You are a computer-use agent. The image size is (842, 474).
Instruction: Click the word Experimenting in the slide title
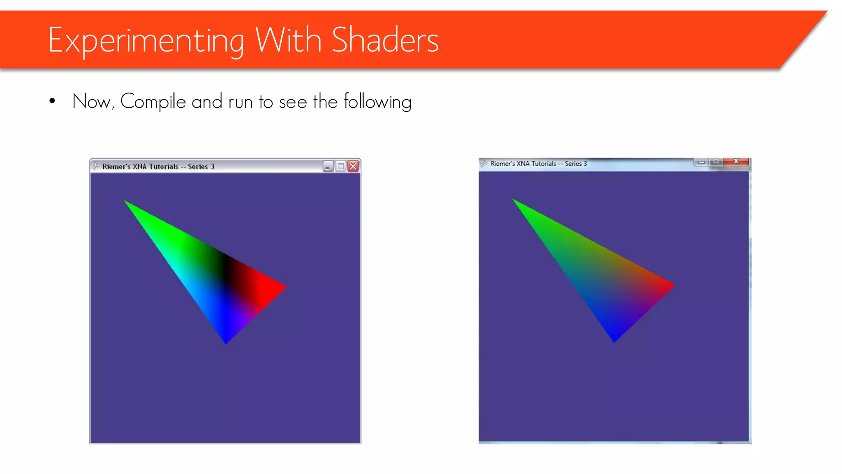[x=146, y=40]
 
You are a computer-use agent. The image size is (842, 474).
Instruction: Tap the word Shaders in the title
[x=385, y=40]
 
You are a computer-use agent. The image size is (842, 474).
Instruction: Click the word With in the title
[x=288, y=40]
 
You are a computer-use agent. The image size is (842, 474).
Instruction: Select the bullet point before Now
[x=52, y=101]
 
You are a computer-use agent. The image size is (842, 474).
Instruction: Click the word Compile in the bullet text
[x=153, y=102]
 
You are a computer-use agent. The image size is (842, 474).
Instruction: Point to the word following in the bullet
[x=377, y=102]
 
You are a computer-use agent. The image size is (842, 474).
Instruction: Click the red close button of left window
[x=353, y=166]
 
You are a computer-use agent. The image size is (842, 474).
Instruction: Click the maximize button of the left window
[x=340, y=166]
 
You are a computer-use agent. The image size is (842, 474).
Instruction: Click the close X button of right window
[x=736, y=161]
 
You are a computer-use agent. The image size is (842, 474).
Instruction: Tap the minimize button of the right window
[x=701, y=162]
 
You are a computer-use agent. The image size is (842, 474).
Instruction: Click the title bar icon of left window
[x=96, y=166]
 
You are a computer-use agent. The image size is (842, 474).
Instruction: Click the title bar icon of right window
[x=484, y=164]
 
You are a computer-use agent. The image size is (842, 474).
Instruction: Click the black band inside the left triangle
[x=224, y=270]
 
